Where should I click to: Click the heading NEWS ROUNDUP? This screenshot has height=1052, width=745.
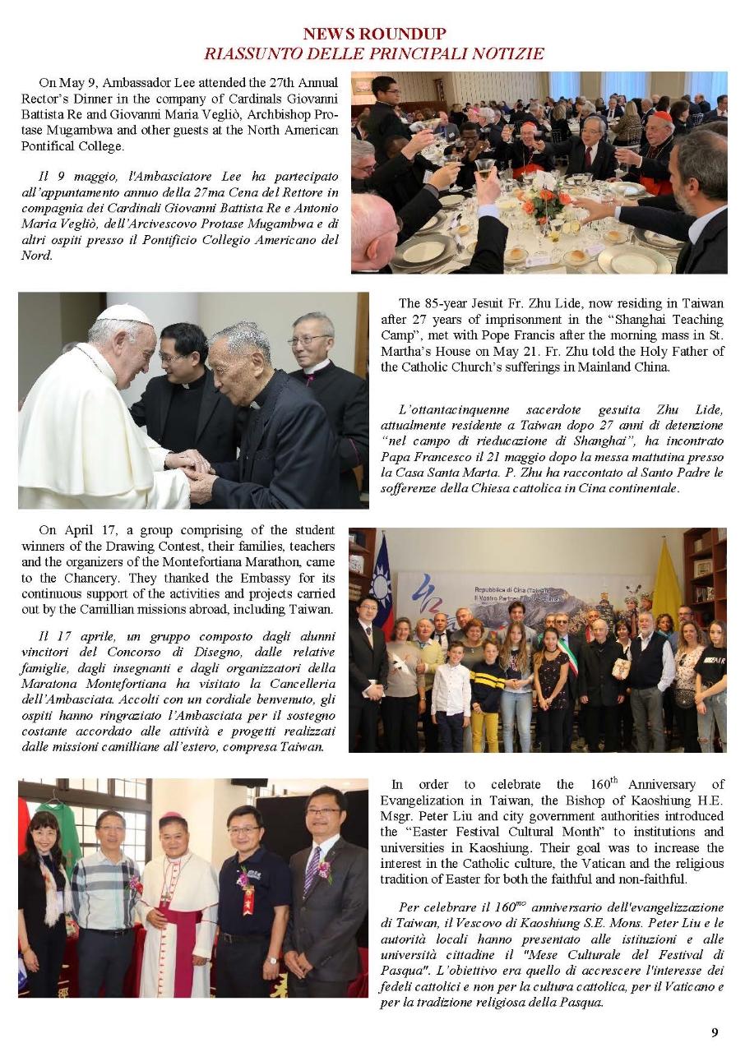click(x=374, y=34)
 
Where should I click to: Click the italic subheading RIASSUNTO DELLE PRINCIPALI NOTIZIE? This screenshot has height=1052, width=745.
click(x=374, y=53)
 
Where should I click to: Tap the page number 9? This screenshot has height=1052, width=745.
click(x=715, y=1033)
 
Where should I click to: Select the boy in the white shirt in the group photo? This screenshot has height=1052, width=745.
click(x=451, y=690)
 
